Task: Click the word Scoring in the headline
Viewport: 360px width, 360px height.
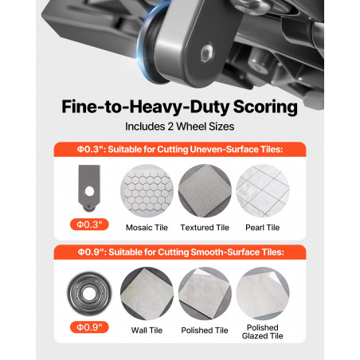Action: coord(265,108)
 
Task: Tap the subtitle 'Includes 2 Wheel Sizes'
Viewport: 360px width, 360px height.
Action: coord(180,127)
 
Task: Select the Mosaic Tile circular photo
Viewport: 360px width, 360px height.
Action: coord(147,191)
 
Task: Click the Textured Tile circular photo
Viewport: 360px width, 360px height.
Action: coord(205,191)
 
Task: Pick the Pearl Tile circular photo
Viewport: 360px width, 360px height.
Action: coord(263,191)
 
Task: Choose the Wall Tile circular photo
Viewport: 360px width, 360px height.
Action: coord(147,293)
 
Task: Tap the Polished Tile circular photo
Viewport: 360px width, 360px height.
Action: coord(205,293)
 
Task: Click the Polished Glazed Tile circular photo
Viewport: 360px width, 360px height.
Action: coord(263,293)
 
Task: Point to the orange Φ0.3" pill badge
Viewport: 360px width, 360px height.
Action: coord(89,225)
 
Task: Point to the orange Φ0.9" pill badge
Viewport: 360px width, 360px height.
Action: coord(89,327)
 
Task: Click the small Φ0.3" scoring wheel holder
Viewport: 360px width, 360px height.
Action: coord(89,188)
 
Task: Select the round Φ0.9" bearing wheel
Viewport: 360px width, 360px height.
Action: coord(89,293)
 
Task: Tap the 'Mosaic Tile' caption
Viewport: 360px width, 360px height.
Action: coord(147,228)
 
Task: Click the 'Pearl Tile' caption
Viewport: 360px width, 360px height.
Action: coord(263,228)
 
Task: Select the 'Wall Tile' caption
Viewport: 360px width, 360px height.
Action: coord(147,331)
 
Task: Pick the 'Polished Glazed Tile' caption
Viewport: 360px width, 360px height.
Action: coord(263,331)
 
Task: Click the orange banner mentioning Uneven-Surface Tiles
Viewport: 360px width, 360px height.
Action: coord(180,150)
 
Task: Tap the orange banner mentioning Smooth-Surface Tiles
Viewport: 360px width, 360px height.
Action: coord(180,252)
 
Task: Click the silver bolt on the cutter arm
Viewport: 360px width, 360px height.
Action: coord(207,53)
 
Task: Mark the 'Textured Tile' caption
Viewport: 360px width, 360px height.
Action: coord(205,228)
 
